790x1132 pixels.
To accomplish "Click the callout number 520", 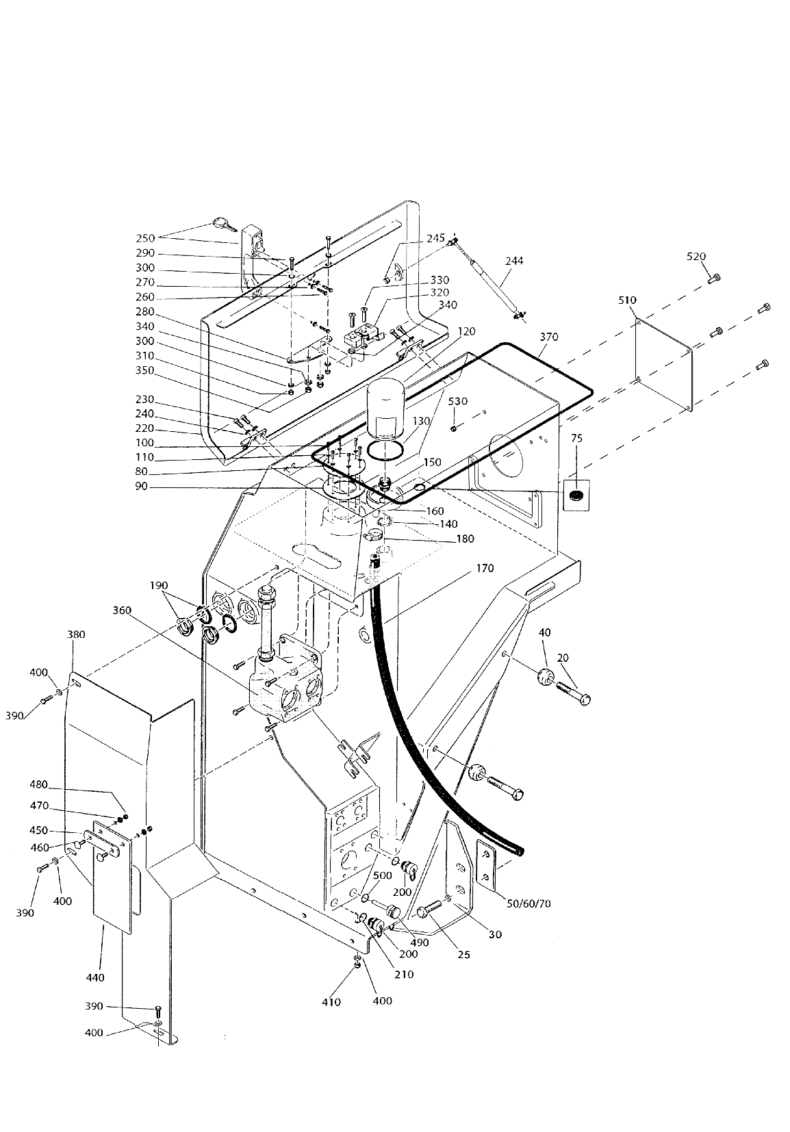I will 696,257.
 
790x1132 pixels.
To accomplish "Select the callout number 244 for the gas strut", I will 514,261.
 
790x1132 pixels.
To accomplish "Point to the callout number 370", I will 549,337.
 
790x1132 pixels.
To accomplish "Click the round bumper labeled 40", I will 546,678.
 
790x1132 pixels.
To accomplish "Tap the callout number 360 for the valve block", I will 123,610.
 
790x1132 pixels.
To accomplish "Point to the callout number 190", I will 159,585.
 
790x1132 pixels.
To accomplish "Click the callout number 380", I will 76,634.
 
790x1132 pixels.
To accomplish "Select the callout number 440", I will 95,977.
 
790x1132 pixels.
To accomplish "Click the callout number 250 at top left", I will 145,238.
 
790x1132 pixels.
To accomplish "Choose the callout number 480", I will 38,784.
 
